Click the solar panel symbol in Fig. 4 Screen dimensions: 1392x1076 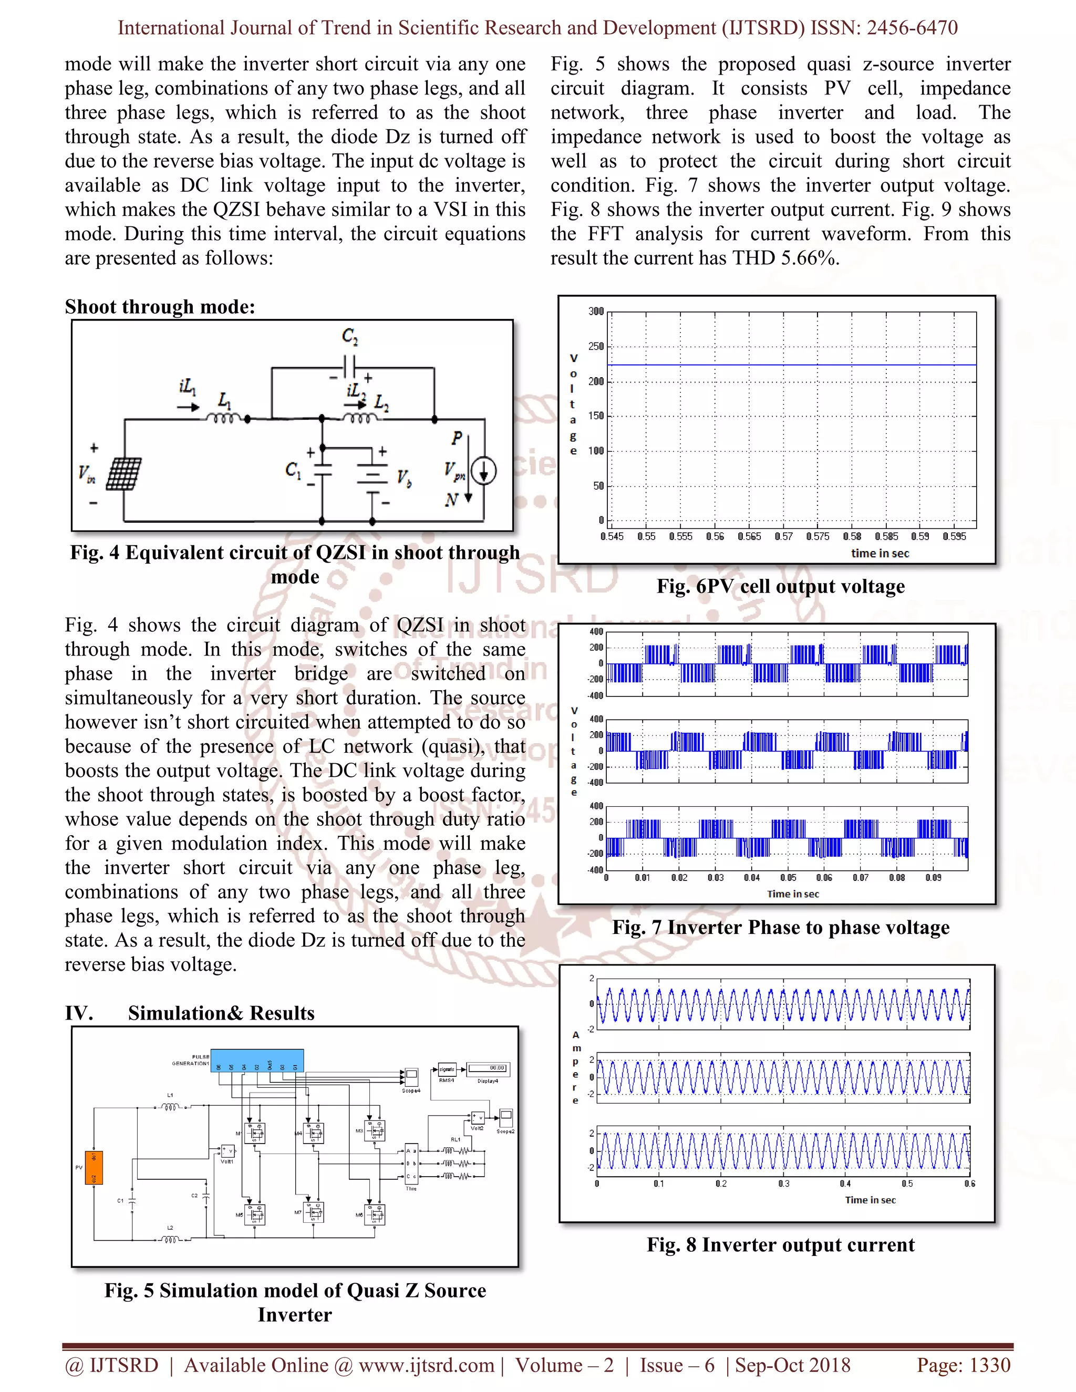point(123,474)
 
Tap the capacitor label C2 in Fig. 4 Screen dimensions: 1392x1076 point(350,336)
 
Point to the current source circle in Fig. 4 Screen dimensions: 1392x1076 point(484,472)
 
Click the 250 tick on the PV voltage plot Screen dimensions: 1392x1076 point(596,346)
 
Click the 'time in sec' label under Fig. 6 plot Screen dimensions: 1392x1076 point(880,553)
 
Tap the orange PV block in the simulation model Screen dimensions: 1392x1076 point(94,1168)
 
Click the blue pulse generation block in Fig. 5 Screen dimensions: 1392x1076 point(257,1061)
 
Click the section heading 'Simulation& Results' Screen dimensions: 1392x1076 point(221,1013)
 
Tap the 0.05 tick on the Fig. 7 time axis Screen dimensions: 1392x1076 point(788,878)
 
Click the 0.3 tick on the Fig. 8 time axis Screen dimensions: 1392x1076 point(783,1183)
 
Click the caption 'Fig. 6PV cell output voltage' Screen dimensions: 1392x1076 point(780,586)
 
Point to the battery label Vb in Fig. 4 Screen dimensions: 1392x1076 point(404,478)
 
